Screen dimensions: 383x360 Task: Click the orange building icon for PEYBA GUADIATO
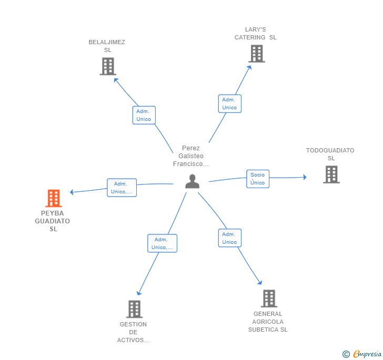point(54,198)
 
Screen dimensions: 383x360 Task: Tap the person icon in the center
point(192,181)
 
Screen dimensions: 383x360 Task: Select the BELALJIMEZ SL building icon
point(108,66)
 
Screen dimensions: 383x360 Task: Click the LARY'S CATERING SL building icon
point(257,54)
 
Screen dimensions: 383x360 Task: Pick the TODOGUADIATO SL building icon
point(331,174)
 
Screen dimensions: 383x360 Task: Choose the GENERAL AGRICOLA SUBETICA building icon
point(269,299)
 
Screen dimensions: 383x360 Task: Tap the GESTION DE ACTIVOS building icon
point(134,309)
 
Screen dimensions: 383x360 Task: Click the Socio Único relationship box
point(258,179)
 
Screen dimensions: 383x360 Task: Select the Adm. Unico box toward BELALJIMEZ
point(144,115)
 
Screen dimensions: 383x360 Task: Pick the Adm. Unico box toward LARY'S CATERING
point(229,104)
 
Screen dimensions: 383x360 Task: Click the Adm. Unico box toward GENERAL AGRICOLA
point(229,238)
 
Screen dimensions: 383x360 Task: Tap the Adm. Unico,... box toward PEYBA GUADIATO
point(122,188)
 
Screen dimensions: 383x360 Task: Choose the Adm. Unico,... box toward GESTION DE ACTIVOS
point(162,243)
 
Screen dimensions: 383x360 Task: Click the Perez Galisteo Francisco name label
point(191,156)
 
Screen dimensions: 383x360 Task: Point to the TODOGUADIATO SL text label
point(330,155)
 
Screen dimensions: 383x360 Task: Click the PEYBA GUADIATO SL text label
point(53,221)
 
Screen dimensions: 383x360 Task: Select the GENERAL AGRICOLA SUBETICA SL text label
point(268,322)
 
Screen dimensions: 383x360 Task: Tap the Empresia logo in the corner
point(362,354)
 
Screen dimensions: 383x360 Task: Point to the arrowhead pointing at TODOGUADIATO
point(305,177)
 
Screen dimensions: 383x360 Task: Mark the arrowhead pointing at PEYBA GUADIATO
point(72,192)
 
